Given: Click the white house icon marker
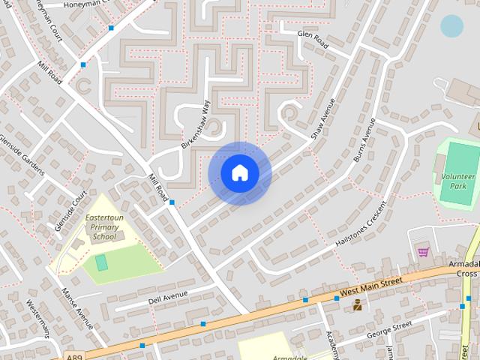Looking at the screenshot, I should click(x=240, y=173).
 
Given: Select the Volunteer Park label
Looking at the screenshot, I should click(x=458, y=181).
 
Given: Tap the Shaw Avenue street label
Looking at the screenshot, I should click(x=323, y=118).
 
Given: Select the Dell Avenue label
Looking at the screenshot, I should click(x=167, y=297).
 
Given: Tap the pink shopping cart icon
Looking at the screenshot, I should click(x=423, y=252).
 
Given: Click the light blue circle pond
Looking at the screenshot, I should click(x=451, y=26).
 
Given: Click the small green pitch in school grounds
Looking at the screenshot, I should click(x=101, y=262).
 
